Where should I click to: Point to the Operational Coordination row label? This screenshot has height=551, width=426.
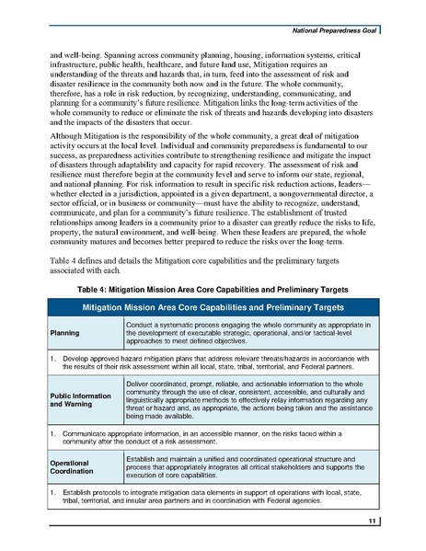(x=73, y=465)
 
